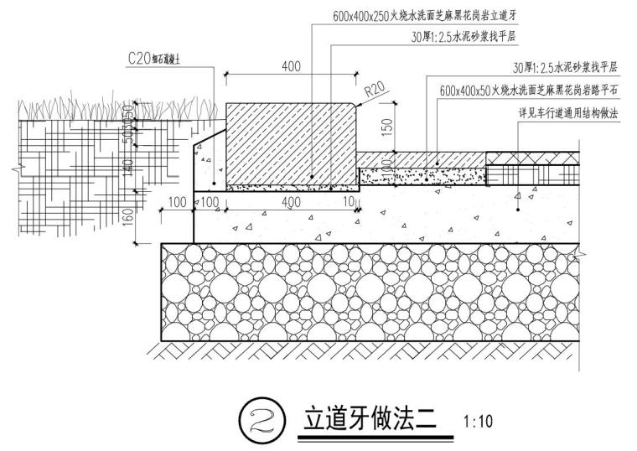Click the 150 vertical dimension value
pyautogui.click(x=387, y=126)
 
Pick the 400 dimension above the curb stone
pyautogui.click(x=291, y=66)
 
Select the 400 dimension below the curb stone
pyautogui.click(x=291, y=203)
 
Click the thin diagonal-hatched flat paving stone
pyautogui.click(x=423, y=159)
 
